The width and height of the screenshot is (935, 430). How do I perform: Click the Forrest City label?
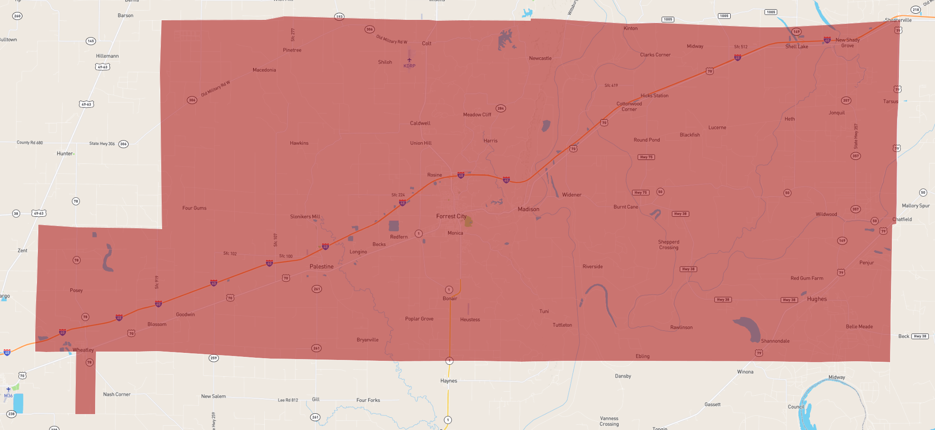451,216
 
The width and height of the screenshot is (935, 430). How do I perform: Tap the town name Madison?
528,209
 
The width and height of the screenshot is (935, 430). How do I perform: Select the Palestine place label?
322,267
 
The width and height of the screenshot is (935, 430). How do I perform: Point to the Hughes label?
817,299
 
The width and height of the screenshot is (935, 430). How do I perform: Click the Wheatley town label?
83,350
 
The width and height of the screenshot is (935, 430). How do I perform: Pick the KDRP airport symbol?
409,60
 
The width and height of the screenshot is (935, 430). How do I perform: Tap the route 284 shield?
500,108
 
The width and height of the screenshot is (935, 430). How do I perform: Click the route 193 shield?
339,17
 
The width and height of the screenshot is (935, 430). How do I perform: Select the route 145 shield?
91,41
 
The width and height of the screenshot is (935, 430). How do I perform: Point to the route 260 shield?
17,16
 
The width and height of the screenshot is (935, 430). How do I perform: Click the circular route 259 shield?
214,358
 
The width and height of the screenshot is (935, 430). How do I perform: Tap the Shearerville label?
898,20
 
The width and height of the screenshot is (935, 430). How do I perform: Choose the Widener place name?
572,195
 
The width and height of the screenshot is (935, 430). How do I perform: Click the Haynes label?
449,381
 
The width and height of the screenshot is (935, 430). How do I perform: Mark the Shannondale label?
775,341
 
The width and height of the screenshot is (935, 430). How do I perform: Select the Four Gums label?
194,208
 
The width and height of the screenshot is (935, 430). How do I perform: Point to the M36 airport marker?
8,390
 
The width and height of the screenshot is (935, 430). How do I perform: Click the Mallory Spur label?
916,206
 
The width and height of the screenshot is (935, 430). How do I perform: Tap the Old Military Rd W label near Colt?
392,40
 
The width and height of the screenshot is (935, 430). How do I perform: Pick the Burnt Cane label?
625,207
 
